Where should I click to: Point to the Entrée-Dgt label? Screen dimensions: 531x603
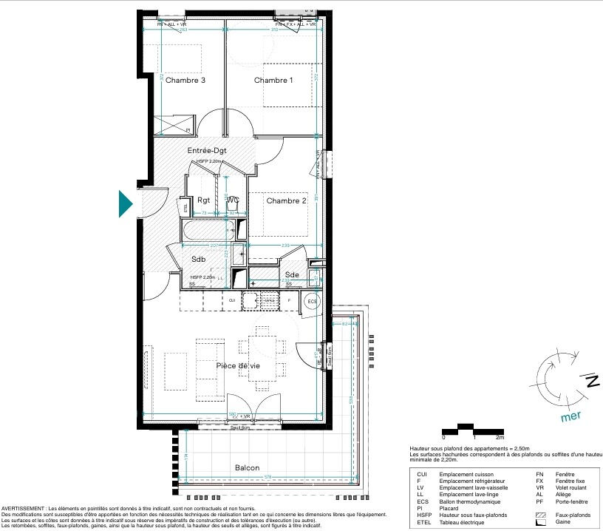(x=207, y=150)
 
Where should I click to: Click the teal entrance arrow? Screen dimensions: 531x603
(x=126, y=204)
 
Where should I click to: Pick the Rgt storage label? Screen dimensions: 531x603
(x=204, y=200)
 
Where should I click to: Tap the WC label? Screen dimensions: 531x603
(x=233, y=200)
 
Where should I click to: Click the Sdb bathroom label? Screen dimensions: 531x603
(x=198, y=260)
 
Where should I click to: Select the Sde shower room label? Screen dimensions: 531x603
(x=293, y=274)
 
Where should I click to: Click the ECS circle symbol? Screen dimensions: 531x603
(x=312, y=302)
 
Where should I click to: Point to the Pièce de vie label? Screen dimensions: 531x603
(x=238, y=366)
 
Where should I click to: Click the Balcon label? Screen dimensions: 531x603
(x=247, y=468)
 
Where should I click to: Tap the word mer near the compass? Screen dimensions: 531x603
(x=571, y=416)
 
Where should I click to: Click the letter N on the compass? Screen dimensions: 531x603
(x=591, y=382)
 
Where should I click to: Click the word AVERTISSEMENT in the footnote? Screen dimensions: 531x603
(x=24, y=509)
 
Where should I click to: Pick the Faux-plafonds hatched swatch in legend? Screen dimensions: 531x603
(x=539, y=514)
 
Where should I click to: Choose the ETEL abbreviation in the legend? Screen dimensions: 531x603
(x=423, y=521)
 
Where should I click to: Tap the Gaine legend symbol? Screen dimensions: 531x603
(x=539, y=521)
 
